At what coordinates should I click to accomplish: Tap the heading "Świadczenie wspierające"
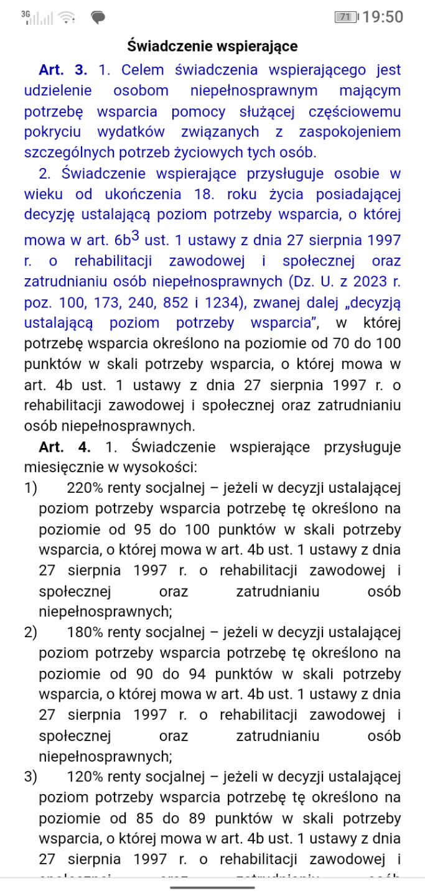212,46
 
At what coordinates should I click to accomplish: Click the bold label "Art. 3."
63,70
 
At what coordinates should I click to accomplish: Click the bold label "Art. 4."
64,447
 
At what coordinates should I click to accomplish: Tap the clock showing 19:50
383,17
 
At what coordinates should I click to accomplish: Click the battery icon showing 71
345,17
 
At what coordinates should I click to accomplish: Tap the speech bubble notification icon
98,17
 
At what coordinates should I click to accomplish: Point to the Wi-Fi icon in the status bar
68,17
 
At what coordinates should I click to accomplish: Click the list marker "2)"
30,633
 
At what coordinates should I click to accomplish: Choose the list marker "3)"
30,777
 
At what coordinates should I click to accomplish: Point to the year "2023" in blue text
365,281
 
